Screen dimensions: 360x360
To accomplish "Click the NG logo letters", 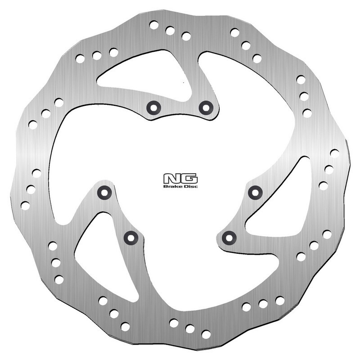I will (180, 178).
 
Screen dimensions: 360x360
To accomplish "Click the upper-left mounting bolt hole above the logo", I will (153, 107).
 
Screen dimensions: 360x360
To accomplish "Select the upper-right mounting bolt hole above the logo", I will (206, 107).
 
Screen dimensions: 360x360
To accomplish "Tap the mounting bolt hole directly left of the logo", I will (104, 193).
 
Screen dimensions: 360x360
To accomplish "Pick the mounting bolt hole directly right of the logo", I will (255, 193).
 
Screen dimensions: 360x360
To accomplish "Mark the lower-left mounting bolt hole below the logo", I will (131, 237).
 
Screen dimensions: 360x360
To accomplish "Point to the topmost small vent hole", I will (153, 25).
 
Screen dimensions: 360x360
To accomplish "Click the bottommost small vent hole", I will (206, 334).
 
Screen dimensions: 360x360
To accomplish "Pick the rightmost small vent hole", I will (334, 153).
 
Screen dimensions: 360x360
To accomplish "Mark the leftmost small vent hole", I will (25, 206).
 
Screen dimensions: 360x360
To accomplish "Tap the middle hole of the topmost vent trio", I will (170, 31).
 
